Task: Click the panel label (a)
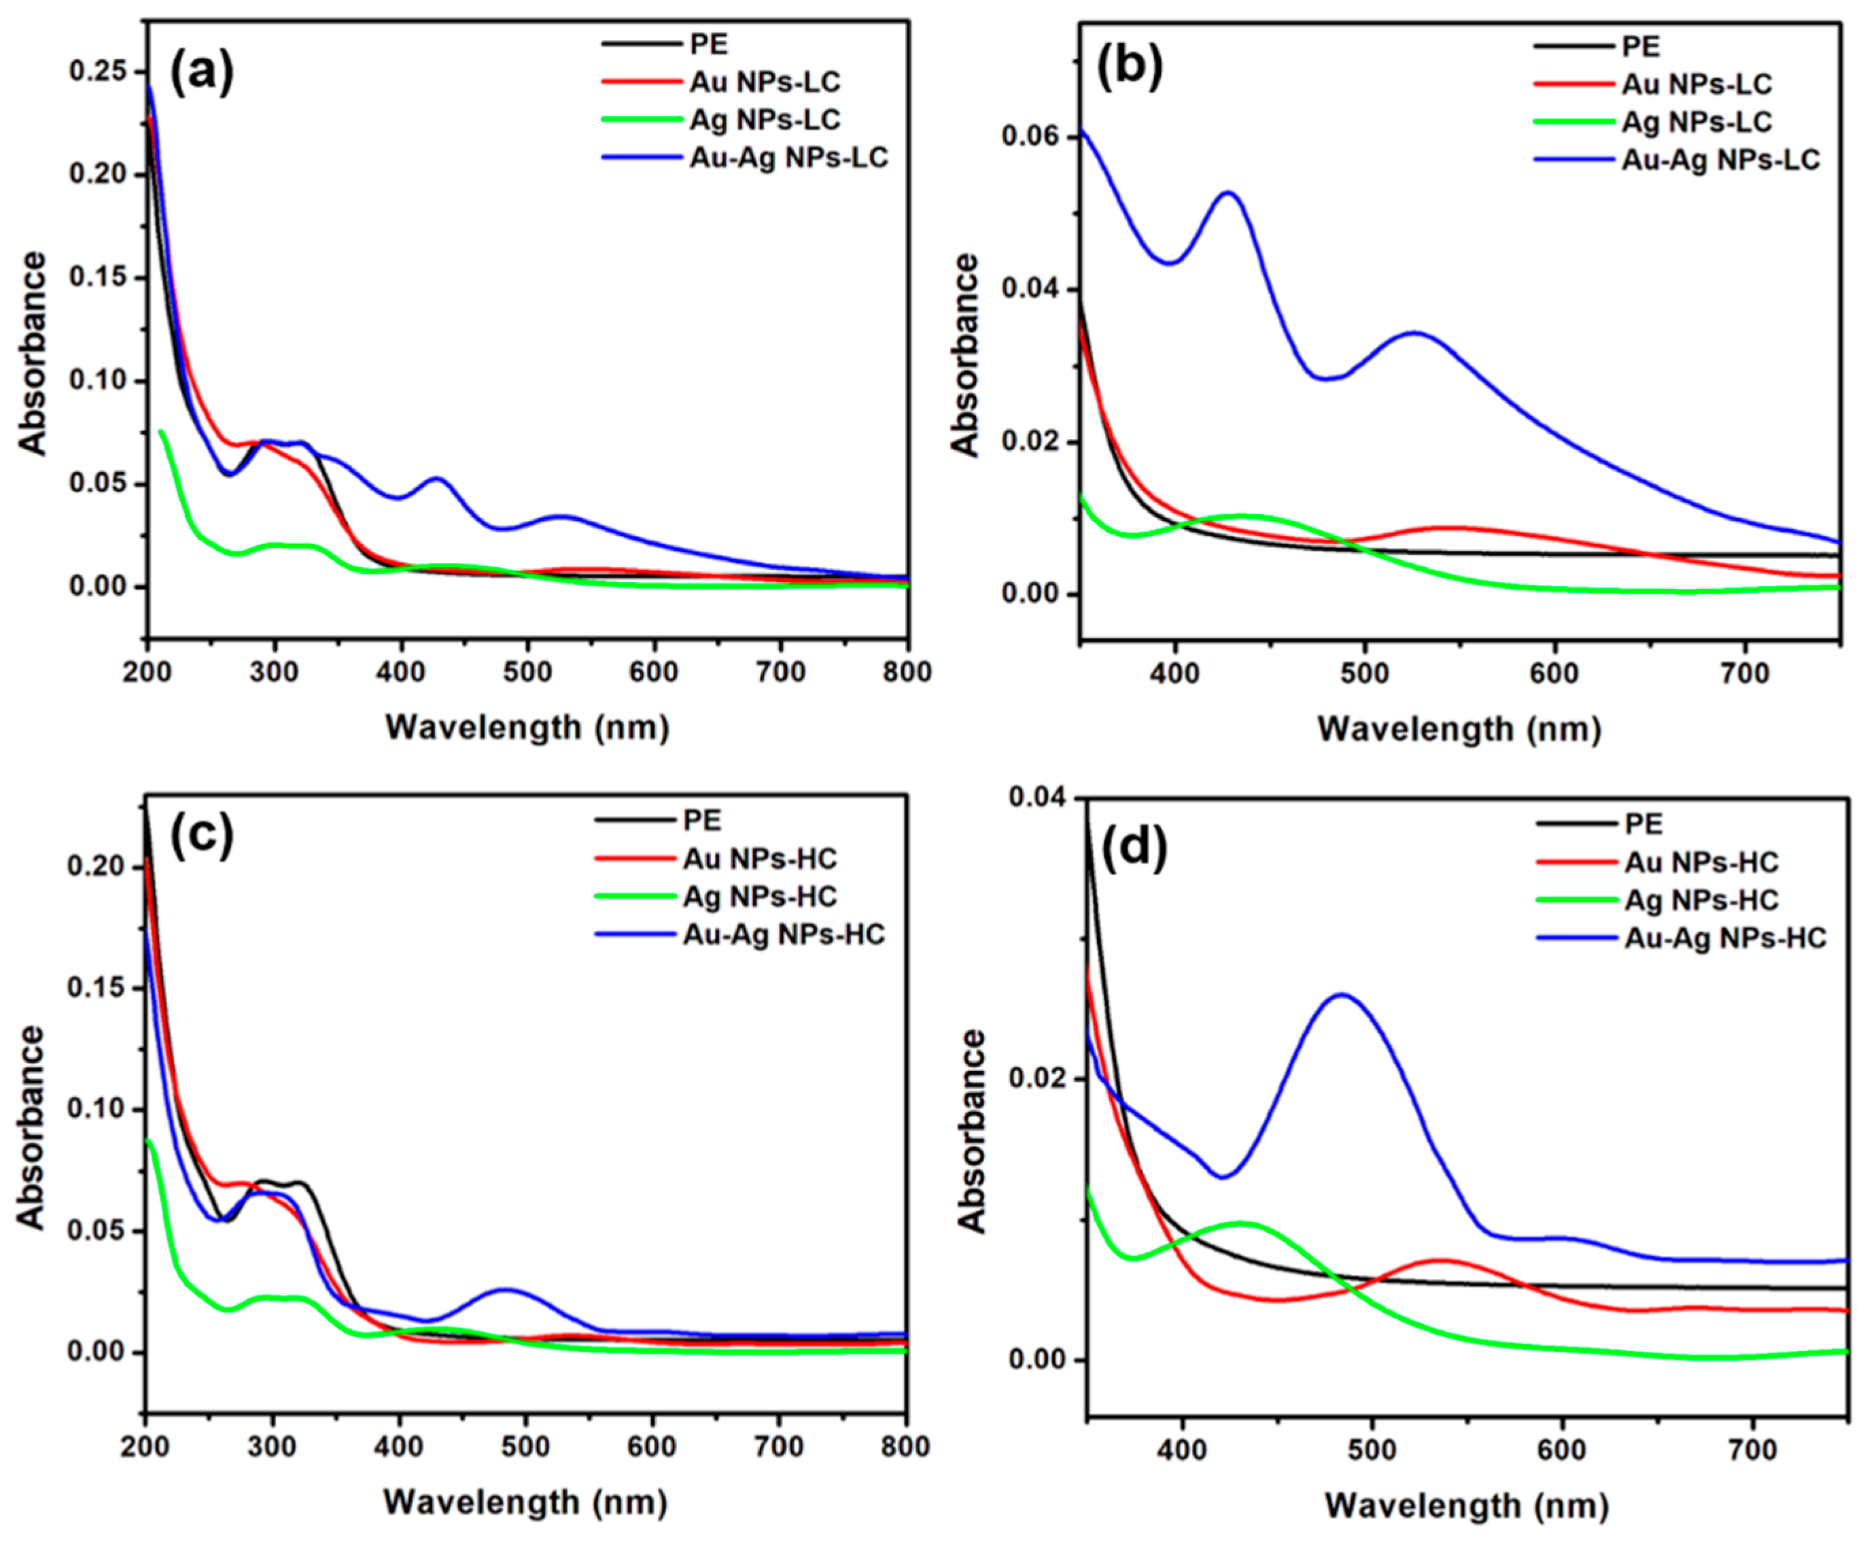point(202,71)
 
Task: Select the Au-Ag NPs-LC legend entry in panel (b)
point(1719,159)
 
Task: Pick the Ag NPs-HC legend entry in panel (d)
point(1700,900)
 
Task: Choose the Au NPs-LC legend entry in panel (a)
point(764,82)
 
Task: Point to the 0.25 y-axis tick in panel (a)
point(97,71)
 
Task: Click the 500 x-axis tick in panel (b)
point(1365,674)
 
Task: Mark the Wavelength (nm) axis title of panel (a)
point(527,728)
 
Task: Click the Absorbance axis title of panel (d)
point(975,1131)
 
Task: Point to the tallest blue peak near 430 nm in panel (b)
point(1228,192)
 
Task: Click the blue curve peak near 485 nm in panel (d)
point(1340,995)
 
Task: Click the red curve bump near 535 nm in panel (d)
point(1440,1260)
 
